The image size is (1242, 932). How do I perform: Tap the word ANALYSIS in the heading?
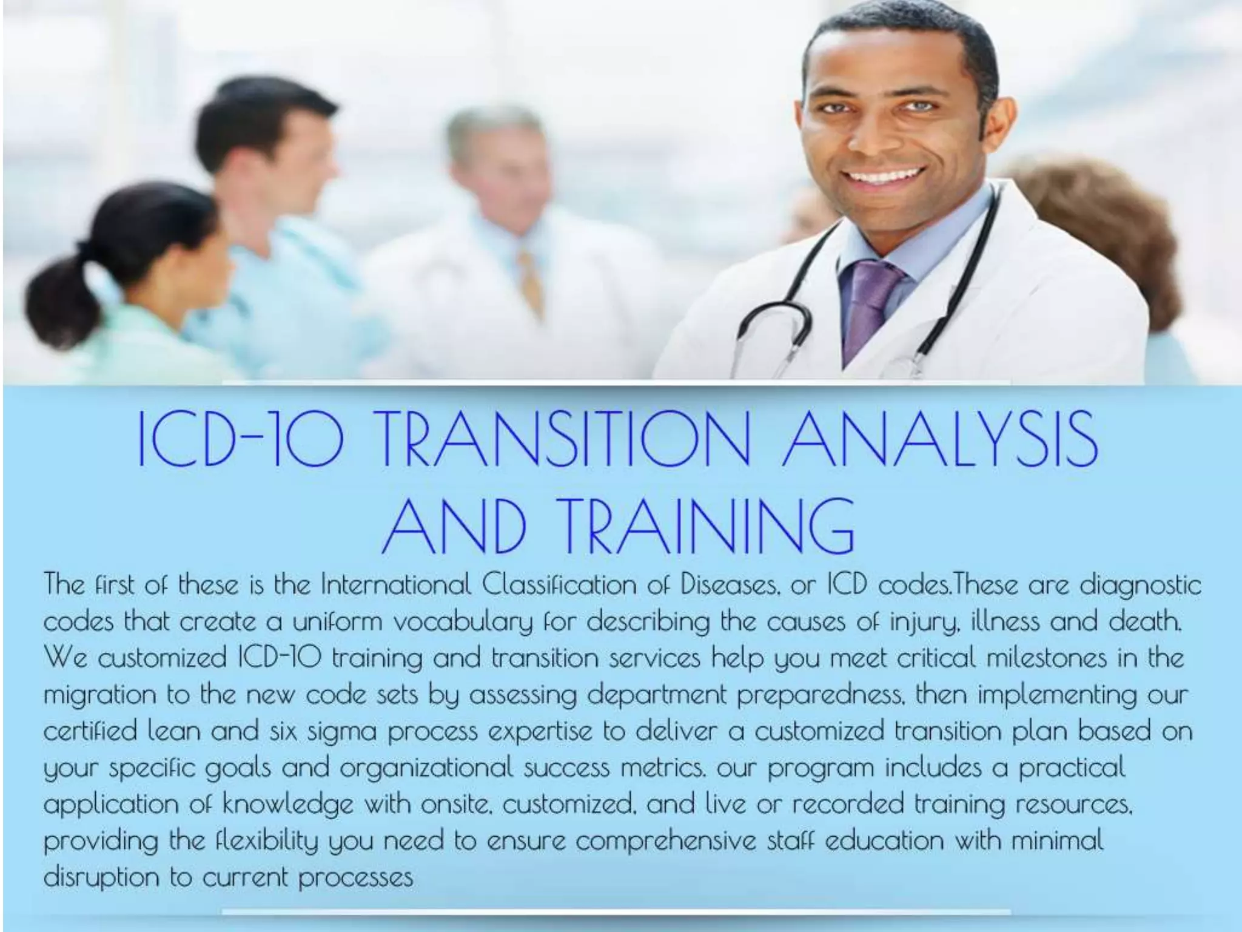click(x=940, y=438)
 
